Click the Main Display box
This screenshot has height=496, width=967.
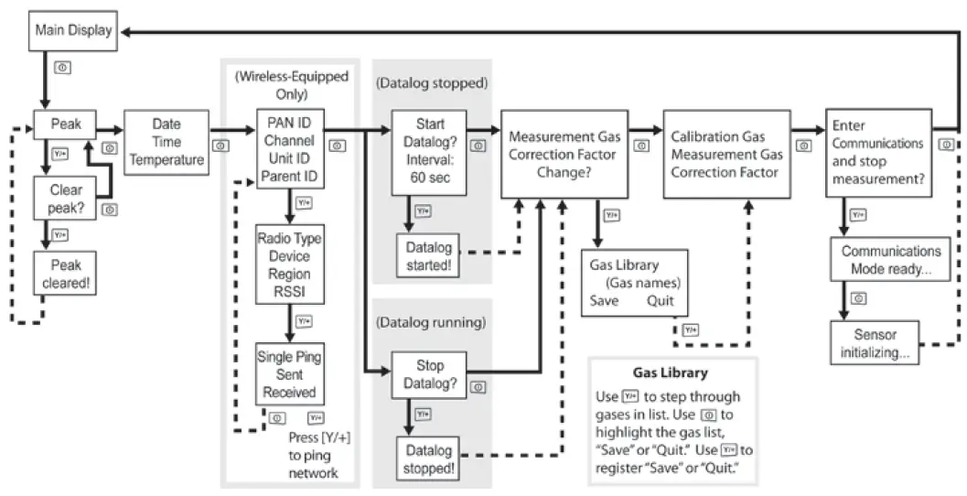73,30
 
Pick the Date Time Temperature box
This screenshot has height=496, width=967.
166,142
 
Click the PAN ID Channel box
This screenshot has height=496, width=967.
288,146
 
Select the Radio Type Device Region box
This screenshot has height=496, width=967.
289,265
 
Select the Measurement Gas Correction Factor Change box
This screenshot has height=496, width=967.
564,153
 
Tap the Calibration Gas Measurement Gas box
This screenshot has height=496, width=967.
726,153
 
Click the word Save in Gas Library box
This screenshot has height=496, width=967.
604,300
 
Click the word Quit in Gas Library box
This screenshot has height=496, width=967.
660,300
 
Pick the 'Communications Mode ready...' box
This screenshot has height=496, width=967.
890,259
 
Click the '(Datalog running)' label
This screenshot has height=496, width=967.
430,322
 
